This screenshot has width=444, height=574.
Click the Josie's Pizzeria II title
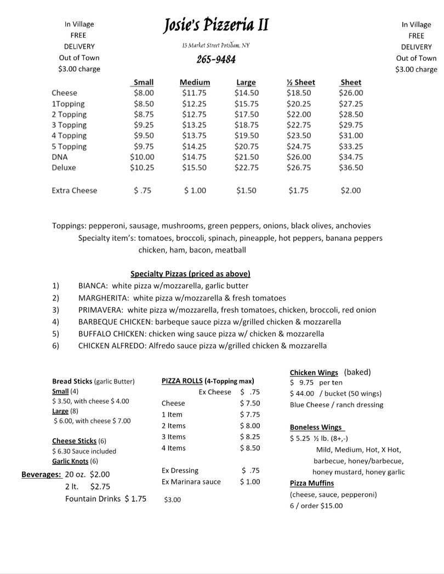[x=216, y=26]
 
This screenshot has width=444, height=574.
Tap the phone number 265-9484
[x=216, y=59]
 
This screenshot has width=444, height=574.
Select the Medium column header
[x=195, y=83]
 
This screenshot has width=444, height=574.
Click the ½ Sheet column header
[x=300, y=83]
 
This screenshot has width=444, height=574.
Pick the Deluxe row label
[x=64, y=168]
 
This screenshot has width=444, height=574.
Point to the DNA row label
[x=60, y=157]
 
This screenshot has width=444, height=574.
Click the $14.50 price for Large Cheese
[x=247, y=93]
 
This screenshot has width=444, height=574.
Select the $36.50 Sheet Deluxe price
[x=351, y=168]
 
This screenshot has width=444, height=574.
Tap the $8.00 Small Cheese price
[x=143, y=93]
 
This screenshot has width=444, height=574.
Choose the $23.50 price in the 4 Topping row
[x=299, y=136]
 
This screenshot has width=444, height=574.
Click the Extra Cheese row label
[x=74, y=191]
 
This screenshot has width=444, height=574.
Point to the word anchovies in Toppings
[x=353, y=226]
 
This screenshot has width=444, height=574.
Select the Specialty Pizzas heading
[x=190, y=274]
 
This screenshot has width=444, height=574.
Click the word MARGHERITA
[x=104, y=298]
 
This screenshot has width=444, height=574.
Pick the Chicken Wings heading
[x=314, y=372]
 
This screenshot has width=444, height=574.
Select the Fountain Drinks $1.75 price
[x=135, y=499]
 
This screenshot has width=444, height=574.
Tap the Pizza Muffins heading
[x=311, y=483]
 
